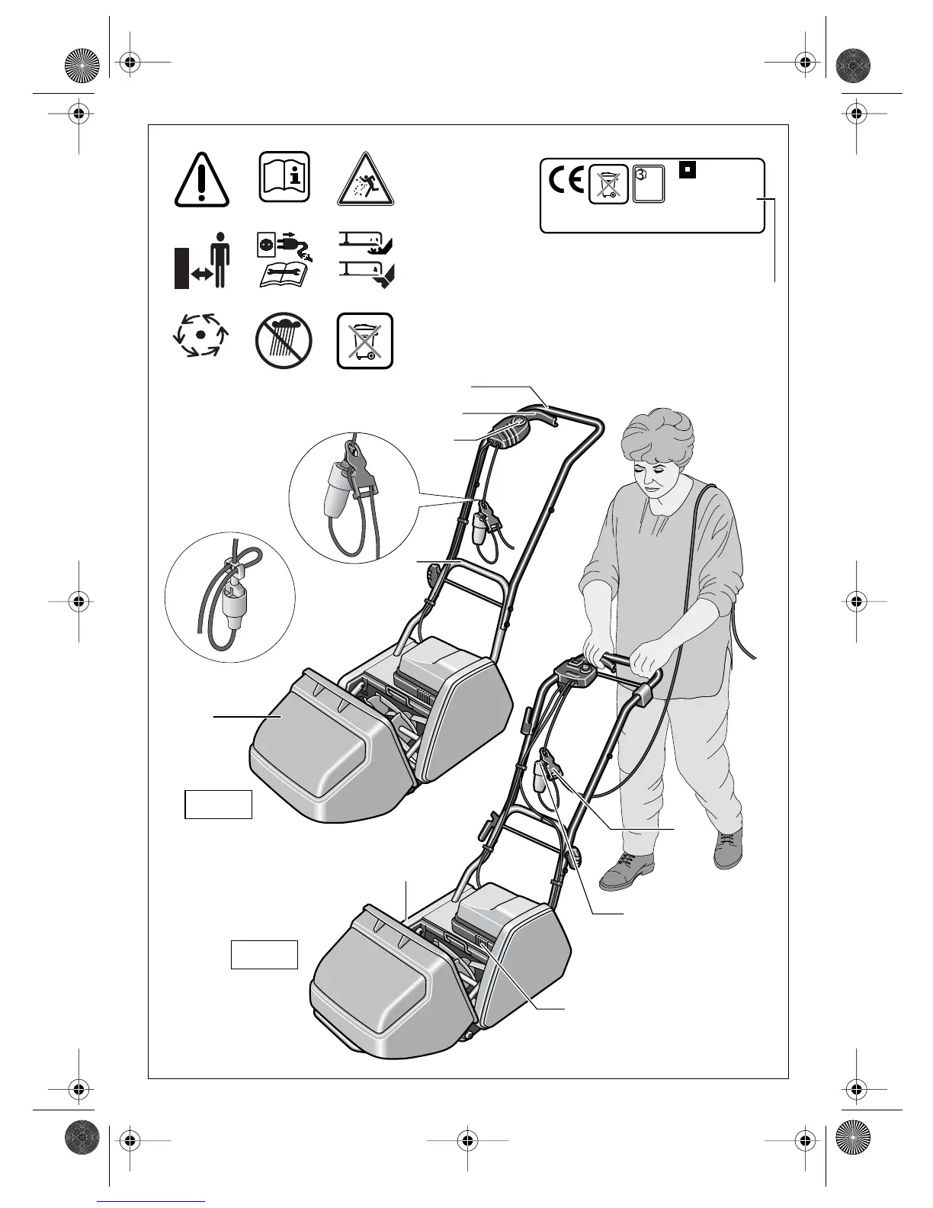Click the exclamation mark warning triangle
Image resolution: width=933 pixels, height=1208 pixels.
point(201,180)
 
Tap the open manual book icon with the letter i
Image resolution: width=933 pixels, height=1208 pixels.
point(284,177)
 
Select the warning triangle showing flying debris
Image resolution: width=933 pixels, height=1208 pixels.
point(367,180)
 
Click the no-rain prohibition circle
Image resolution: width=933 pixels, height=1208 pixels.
point(284,340)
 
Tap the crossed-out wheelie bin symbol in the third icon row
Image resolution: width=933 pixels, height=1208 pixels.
point(366,341)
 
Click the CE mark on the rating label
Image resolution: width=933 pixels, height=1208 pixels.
point(566,182)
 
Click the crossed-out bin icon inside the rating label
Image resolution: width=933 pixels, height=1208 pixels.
point(608,185)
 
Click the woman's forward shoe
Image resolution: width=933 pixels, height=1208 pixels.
point(627,870)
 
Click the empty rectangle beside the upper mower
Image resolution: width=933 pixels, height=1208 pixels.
point(219,805)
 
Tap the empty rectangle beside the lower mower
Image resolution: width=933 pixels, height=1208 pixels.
point(265,955)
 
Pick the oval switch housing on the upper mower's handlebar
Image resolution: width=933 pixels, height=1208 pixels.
point(508,432)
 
